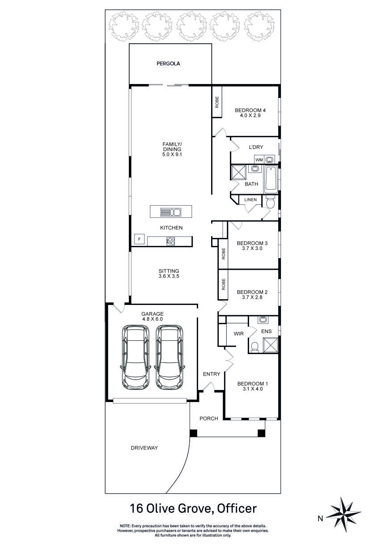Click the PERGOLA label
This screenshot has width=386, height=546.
pyautogui.click(x=168, y=63)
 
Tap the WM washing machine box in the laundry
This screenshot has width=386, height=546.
pyautogui.click(x=259, y=160)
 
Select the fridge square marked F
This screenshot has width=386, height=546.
pyautogui.click(x=140, y=239)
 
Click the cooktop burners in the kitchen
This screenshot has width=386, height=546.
pyautogui.click(x=170, y=241)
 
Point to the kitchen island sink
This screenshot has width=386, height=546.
pyautogui.click(x=170, y=212)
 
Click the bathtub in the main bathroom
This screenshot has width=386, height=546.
pyautogui.click(x=271, y=180)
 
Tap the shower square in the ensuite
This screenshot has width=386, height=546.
pyautogui.click(x=271, y=345)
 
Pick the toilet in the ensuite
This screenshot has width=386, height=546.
pyautogui.click(x=255, y=347)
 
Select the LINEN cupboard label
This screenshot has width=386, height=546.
pyautogui.click(x=250, y=199)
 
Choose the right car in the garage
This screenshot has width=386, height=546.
pyautogui.click(x=170, y=358)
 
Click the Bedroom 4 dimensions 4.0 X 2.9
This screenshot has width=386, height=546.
pyautogui.click(x=250, y=115)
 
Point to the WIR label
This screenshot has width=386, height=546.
pyautogui.click(x=238, y=334)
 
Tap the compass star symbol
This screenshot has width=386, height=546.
pyautogui.click(x=344, y=518)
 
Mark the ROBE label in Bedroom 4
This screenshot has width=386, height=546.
pyautogui.click(x=217, y=102)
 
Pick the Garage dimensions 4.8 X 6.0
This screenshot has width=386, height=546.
pyautogui.click(x=153, y=319)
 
